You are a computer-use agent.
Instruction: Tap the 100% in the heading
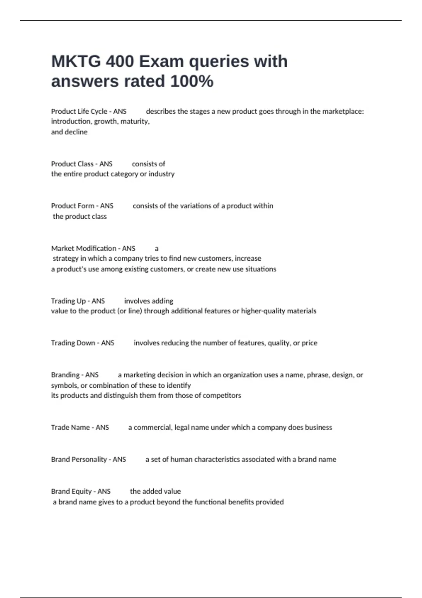pos(192,81)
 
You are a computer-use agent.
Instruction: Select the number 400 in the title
pos(120,62)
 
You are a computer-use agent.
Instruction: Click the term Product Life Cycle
pos(79,111)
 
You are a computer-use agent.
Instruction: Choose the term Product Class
pos(72,164)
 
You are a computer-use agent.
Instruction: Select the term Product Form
pos(72,206)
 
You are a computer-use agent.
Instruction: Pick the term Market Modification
pos(84,248)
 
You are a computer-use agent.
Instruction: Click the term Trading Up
pos(68,301)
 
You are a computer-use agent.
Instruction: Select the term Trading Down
pos(73,343)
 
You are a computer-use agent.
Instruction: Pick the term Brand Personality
pos(79,459)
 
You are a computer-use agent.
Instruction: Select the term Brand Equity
pos(71,491)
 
